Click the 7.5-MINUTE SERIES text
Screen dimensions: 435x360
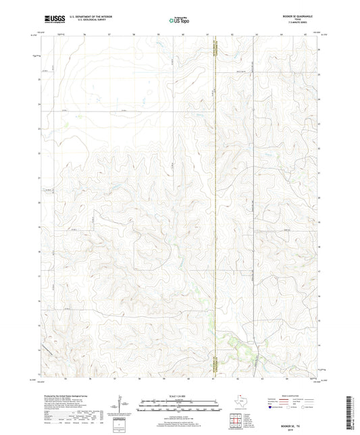[303, 24]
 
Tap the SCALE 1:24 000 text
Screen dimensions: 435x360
[180, 395]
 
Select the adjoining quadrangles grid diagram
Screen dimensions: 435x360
[234, 421]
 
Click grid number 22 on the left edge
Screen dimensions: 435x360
[40, 153]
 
